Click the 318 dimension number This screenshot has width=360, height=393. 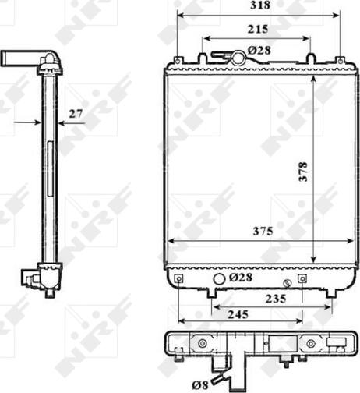(x=259, y=6)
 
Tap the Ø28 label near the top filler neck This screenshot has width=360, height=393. (x=259, y=51)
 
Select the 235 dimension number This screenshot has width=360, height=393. (x=274, y=298)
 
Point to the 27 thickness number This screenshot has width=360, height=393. (x=76, y=114)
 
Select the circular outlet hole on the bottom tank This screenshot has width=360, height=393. (x=218, y=279)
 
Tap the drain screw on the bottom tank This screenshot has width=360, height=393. (x=288, y=281)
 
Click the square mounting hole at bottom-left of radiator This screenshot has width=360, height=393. (x=180, y=278)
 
